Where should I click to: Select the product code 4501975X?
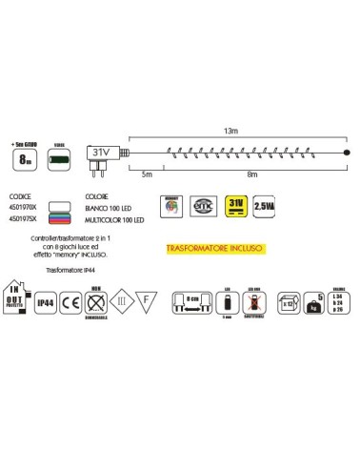pyautogui.click(x=21, y=217)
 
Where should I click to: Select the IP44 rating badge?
pyautogui.click(x=44, y=304)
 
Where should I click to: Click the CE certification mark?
pyautogui.click(x=69, y=304)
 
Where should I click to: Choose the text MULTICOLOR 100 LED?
pyautogui.click(x=109, y=217)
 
